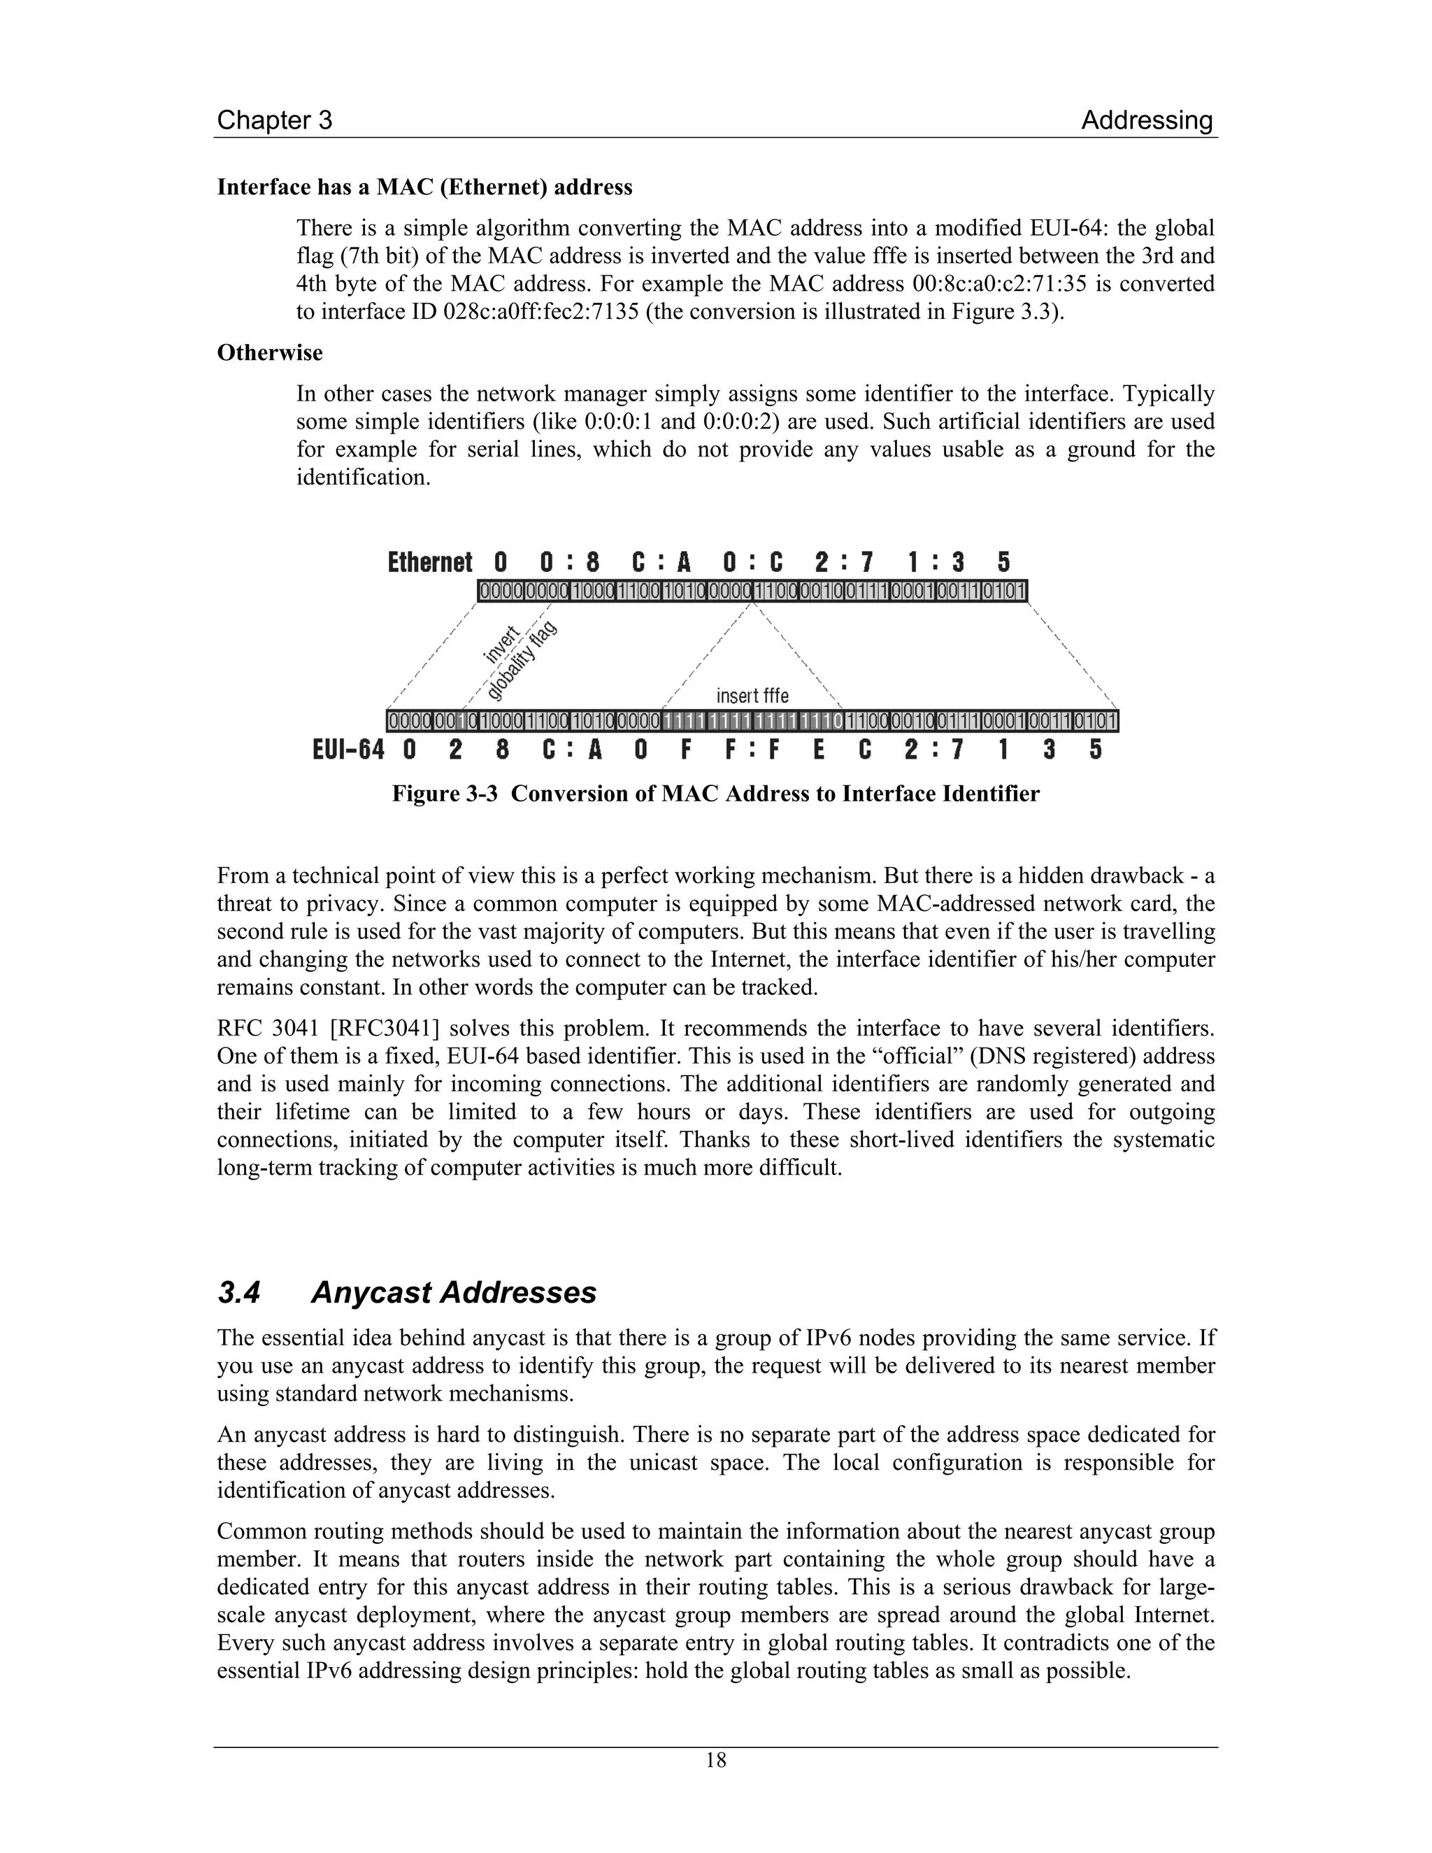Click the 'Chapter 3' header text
pyautogui.click(x=274, y=120)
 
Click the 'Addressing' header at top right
pyautogui.click(x=1146, y=120)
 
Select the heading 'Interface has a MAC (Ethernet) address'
pyautogui.click(x=424, y=187)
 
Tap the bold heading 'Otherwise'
pyautogui.click(x=270, y=352)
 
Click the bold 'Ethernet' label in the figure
pyautogui.click(x=429, y=562)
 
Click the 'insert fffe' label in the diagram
pyautogui.click(x=752, y=696)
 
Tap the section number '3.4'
pyautogui.click(x=238, y=1292)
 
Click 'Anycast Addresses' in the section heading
pyautogui.click(x=454, y=1292)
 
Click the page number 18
pyautogui.click(x=716, y=1761)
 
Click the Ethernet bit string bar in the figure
pyautogui.click(x=752, y=591)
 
